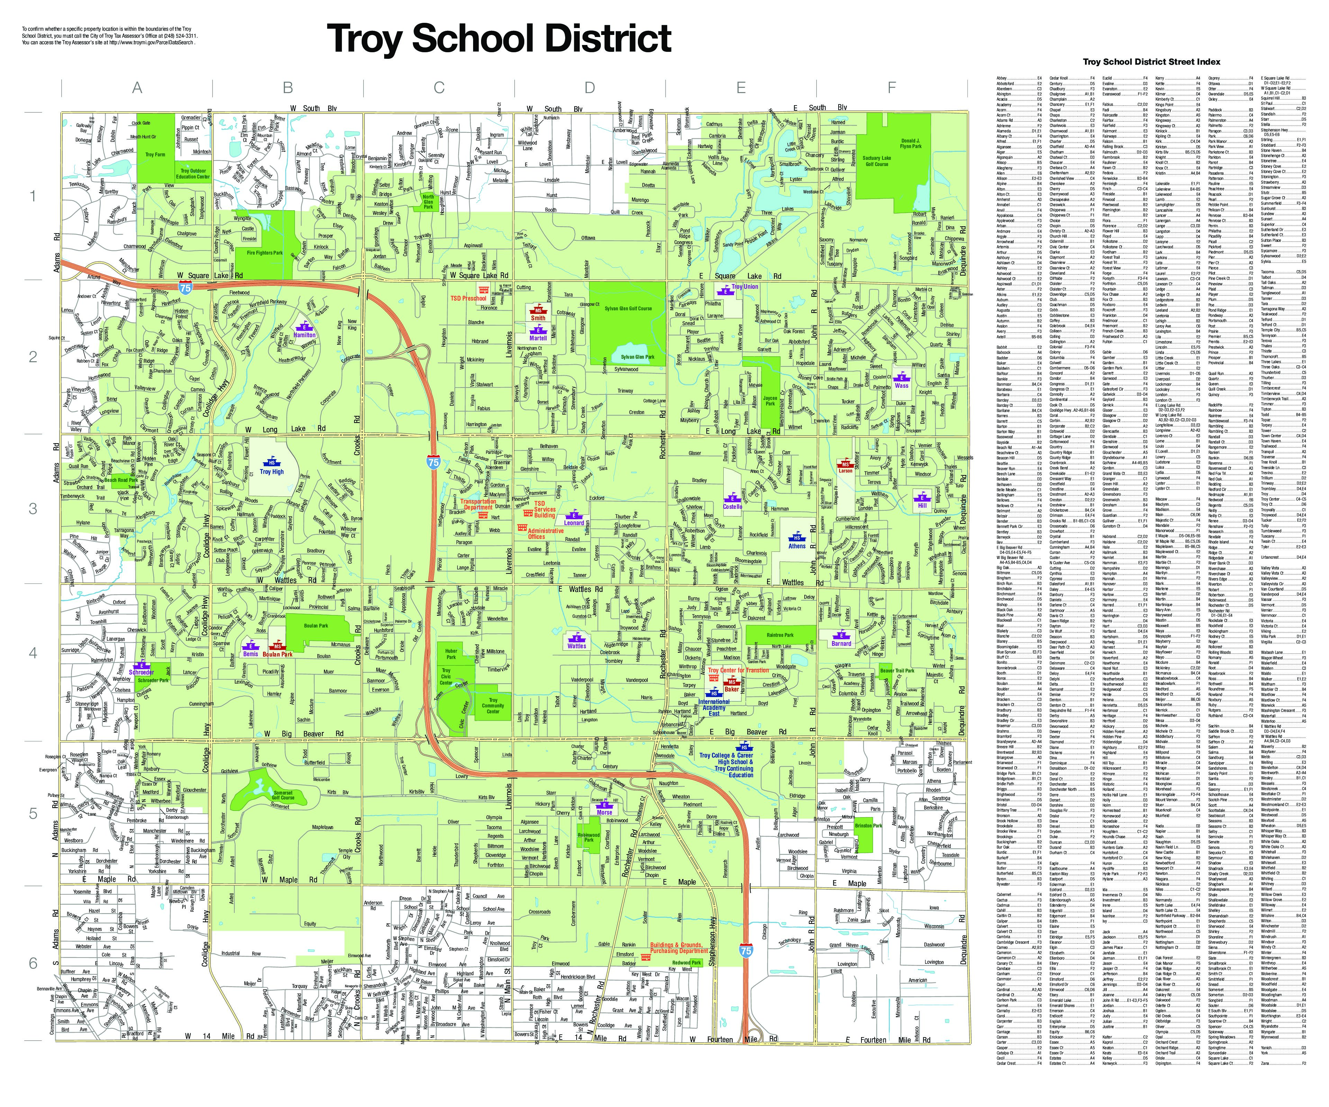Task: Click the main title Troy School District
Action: tap(499, 39)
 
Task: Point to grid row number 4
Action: tap(33, 652)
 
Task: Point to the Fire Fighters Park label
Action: tap(264, 253)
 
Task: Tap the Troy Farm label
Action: tap(155, 154)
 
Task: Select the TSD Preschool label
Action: tap(468, 298)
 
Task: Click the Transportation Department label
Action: tap(478, 504)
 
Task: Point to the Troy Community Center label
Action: tap(493, 705)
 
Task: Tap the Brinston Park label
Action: tap(868, 825)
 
